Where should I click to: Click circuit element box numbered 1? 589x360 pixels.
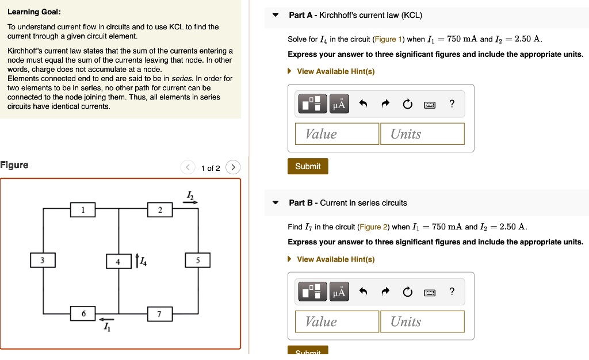pos(83,210)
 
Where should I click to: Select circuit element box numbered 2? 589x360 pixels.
pos(160,210)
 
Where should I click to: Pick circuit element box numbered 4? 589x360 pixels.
pos(118,261)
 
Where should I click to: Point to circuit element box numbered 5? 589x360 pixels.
pos(198,261)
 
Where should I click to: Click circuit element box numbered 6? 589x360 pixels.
pos(83,313)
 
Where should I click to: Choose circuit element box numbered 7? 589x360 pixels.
pos(159,314)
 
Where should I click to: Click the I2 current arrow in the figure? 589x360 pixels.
pos(190,202)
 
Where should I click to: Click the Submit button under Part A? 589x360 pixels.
pos(308,166)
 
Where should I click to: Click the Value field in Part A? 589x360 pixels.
pos(337,134)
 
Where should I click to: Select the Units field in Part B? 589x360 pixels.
pos(422,321)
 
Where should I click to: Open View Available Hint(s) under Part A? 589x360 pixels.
pos(335,71)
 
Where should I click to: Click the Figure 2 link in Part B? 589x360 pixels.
pos(374,227)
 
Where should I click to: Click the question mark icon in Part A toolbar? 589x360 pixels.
pos(452,104)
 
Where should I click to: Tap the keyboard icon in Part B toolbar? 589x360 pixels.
pos(430,293)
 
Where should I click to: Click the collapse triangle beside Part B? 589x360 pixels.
pos(276,203)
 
